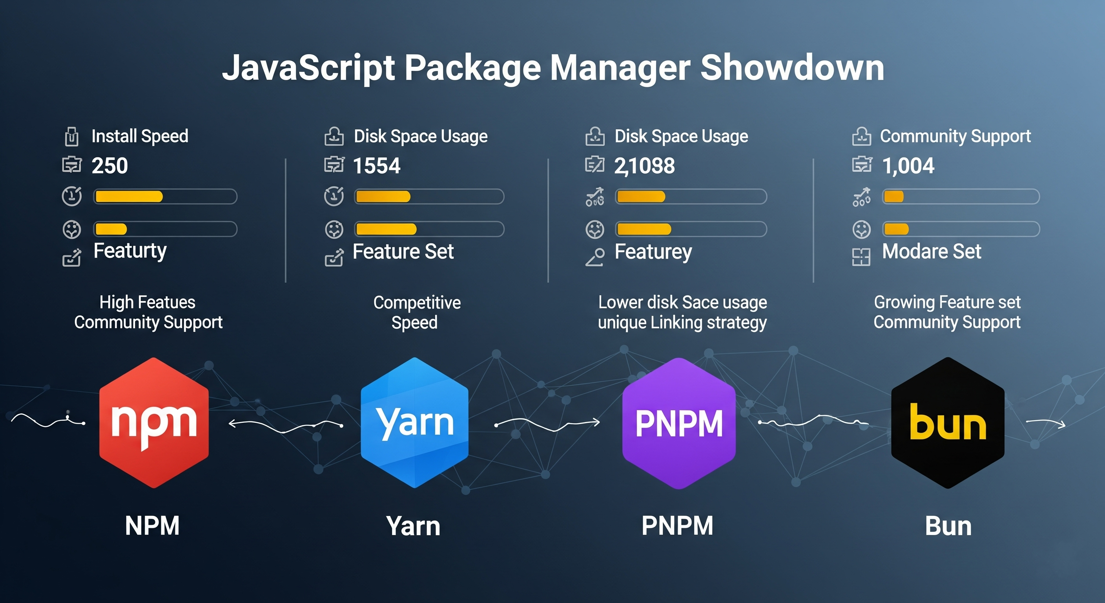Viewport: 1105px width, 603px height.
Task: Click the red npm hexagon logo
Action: tap(154, 423)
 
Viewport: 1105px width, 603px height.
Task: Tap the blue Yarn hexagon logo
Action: tap(414, 423)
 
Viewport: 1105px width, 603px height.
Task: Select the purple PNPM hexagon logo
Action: tap(678, 423)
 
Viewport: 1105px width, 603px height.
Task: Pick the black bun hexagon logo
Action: tap(948, 423)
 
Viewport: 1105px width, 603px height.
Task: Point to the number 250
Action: tap(110, 166)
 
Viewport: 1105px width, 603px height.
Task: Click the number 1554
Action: tap(376, 166)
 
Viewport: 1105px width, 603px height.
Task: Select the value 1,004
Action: tap(908, 166)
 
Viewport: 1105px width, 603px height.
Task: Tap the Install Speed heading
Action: tap(140, 136)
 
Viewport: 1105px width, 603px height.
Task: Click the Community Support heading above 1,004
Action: tap(955, 136)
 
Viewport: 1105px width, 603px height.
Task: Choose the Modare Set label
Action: tap(931, 252)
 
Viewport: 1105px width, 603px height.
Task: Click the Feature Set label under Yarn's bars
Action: tap(403, 252)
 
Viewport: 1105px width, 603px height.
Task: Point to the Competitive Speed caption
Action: tap(416, 312)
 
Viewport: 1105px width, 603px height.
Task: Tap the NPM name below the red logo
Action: tap(152, 526)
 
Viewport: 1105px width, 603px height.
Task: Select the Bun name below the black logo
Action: tap(948, 526)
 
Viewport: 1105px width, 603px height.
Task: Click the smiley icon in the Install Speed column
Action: tap(72, 230)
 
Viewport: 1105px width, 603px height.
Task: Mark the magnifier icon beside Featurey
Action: tap(595, 257)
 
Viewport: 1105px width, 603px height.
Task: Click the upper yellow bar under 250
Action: tap(129, 197)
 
